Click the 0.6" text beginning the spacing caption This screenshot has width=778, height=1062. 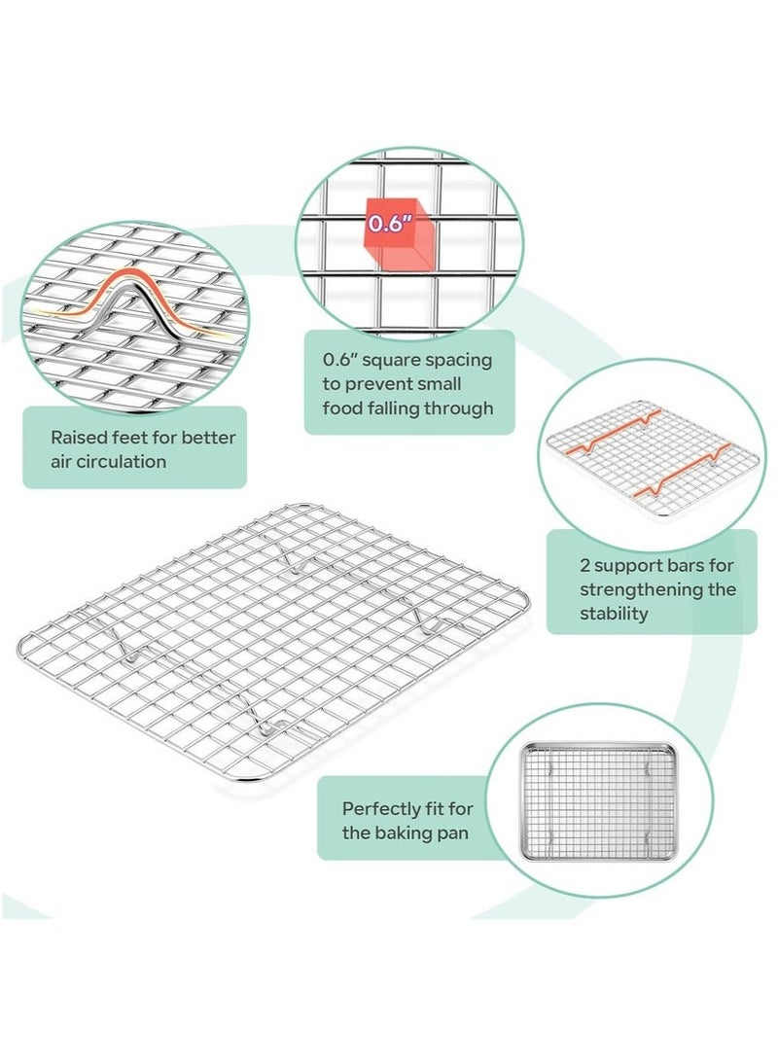point(339,360)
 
